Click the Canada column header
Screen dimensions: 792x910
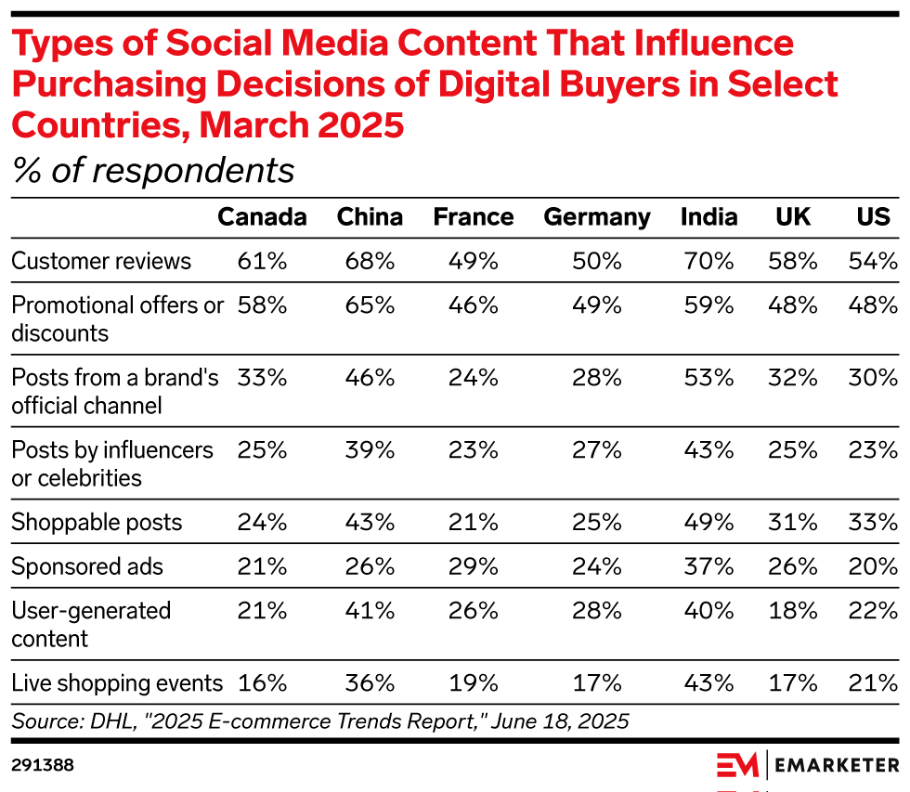pyautogui.click(x=262, y=217)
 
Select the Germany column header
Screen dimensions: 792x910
pyautogui.click(x=597, y=217)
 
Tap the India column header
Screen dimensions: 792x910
pyautogui.click(x=708, y=217)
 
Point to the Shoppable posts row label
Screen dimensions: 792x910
pyautogui.click(x=97, y=523)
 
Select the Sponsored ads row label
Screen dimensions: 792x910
pyautogui.click(x=87, y=566)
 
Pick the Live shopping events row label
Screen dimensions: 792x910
pyautogui.click(x=117, y=684)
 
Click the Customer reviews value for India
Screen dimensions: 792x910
pyautogui.click(x=709, y=261)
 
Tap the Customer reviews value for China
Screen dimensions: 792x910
pyautogui.click(x=370, y=261)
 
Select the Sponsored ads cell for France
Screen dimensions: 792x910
pyautogui.click(x=474, y=566)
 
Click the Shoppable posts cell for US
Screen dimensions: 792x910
pyautogui.click(x=874, y=523)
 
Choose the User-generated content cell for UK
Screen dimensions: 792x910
pyautogui.click(x=794, y=610)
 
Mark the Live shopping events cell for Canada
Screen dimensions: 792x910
pyautogui.click(x=262, y=684)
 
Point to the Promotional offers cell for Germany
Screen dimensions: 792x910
pyautogui.click(x=597, y=305)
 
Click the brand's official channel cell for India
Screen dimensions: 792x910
pyautogui.click(x=709, y=377)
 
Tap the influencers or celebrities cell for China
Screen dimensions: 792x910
pyautogui.click(x=370, y=449)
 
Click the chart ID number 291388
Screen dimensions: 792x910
pyautogui.click(x=43, y=765)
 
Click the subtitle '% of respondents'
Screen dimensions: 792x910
pyautogui.click(x=153, y=171)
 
